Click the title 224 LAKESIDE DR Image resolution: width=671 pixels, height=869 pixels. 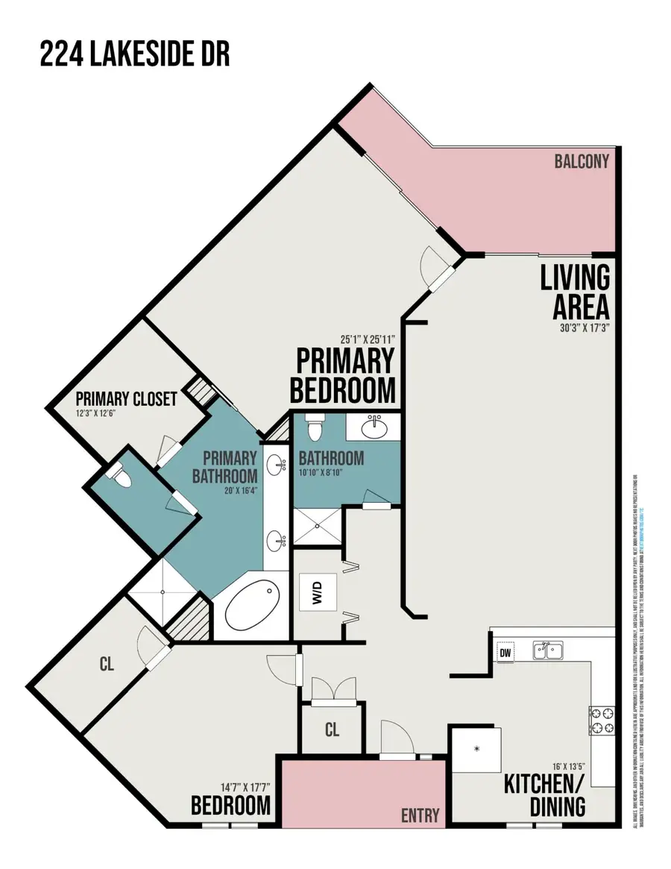135,54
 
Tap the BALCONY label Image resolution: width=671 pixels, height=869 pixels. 582,161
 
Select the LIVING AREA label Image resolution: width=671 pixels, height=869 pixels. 575,292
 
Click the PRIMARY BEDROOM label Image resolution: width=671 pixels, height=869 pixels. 344,375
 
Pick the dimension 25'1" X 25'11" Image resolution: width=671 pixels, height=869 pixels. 365,338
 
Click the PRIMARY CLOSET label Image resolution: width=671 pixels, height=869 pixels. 126,399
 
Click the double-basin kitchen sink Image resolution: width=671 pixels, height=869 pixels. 548,650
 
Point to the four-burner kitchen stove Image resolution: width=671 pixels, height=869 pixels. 602,720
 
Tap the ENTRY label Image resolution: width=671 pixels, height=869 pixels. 420,815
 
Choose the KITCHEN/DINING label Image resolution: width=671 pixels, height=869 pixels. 544,795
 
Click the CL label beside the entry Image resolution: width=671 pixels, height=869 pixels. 332,730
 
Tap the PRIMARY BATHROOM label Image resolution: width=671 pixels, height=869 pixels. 225,466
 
